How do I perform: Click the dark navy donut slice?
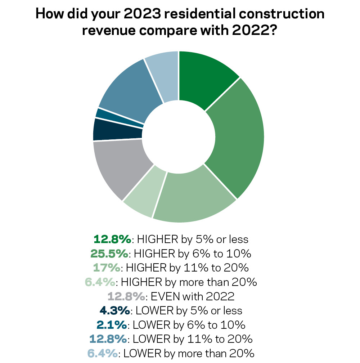click(x=117, y=130)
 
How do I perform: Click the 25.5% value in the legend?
click(x=109, y=254)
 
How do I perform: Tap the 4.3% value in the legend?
click(x=115, y=310)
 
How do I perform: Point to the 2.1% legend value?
click(x=111, y=325)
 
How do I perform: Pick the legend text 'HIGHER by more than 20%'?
click(x=189, y=282)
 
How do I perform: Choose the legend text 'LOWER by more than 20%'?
click(x=189, y=353)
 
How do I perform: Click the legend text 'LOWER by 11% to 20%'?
click(x=193, y=339)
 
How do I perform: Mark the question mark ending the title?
click(x=272, y=30)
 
